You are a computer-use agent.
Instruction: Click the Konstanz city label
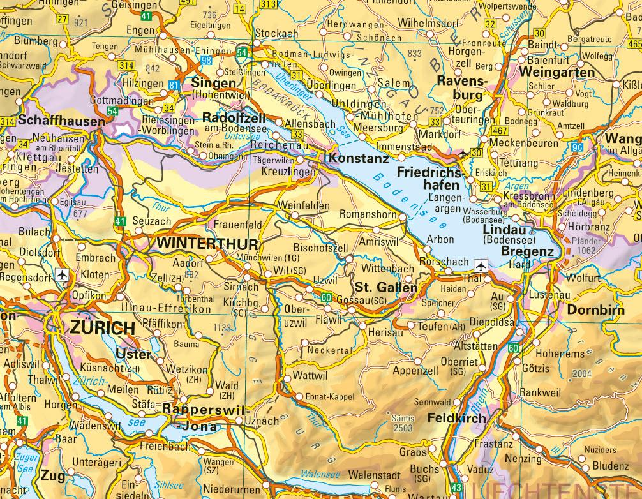(x=359, y=158)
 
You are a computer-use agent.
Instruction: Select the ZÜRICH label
(x=103, y=328)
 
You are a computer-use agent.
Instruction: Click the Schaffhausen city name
(x=62, y=121)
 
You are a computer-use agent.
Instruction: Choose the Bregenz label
(x=527, y=252)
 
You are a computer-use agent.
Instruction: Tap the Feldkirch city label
(x=456, y=419)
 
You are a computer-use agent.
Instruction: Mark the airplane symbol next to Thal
(x=481, y=264)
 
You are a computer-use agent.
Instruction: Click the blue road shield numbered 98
(x=206, y=60)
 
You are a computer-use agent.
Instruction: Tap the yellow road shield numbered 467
(x=500, y=131)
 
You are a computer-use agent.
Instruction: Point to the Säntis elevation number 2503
(x=403, y=428)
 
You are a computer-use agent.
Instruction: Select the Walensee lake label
(x=322, y=474)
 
